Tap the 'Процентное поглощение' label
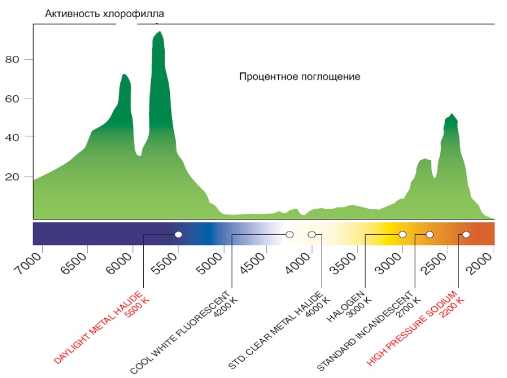299,76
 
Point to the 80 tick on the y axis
12,59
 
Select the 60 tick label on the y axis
12,99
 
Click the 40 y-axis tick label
12,137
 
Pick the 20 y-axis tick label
12,177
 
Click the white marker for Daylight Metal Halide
179,234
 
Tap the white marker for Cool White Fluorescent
290,234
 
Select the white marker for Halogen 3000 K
403,234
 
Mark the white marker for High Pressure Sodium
466,234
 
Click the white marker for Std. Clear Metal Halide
311,234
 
